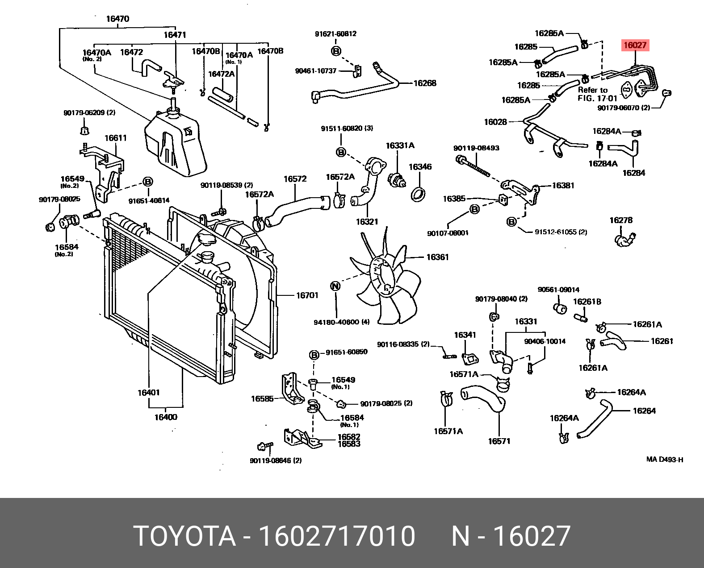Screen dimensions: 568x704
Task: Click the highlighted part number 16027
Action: click(635, 45)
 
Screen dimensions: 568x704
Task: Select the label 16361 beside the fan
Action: click(437, 257)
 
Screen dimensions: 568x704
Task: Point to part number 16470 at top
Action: click(117, 19)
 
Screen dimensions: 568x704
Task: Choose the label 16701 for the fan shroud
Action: click(307, 295)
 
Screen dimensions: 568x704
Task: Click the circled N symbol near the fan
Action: click(335, 286)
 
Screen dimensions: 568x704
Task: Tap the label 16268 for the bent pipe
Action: click(425, 83)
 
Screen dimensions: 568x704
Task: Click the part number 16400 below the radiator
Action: click(166, 417)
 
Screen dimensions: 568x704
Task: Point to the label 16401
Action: click(149, 393)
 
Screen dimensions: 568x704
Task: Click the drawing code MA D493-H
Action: click(665, 460)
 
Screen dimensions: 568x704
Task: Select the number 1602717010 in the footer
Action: click(337, 536)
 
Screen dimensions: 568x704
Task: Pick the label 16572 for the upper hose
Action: click(295, 179)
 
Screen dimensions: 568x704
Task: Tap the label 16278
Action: click(621, 220)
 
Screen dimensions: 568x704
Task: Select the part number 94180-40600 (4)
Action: click(342, 322)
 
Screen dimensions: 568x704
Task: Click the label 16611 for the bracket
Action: click(116, 138)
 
